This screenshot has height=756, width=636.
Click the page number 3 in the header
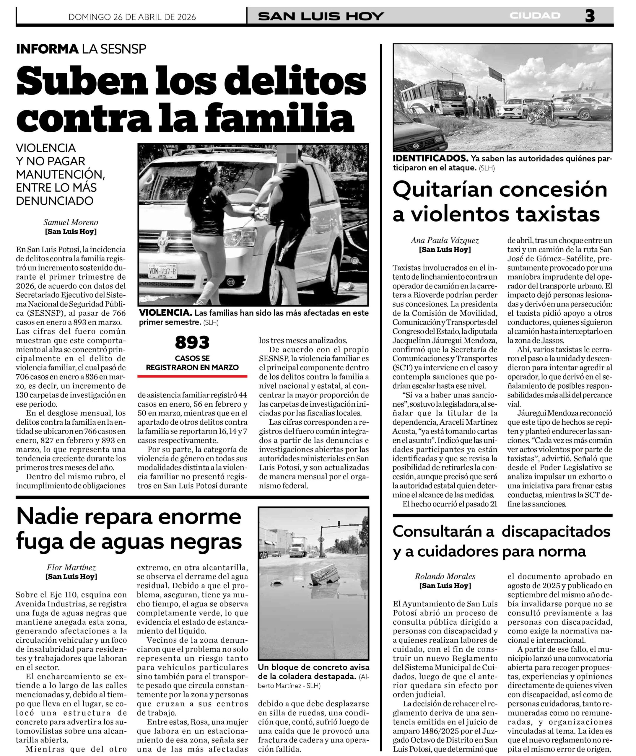(590, 16)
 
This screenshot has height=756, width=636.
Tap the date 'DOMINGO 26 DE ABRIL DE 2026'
(132, 17)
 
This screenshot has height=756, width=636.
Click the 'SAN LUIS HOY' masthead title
(321, 17)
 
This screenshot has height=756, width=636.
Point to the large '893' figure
(192, 342)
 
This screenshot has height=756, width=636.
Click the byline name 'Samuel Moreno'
(71, 222)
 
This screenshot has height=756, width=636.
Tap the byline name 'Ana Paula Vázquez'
(445, 240)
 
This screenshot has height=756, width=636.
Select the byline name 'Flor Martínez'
(71, 568)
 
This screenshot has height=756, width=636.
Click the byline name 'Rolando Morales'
(445, 576)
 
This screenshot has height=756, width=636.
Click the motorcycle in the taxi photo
(544, 115)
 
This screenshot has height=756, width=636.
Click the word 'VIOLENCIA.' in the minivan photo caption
(164, 313)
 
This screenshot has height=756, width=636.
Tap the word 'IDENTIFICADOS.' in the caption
(430, 159)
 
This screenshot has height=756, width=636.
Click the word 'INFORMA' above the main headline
(47, 49)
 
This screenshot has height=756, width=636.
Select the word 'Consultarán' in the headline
(443, 532)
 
